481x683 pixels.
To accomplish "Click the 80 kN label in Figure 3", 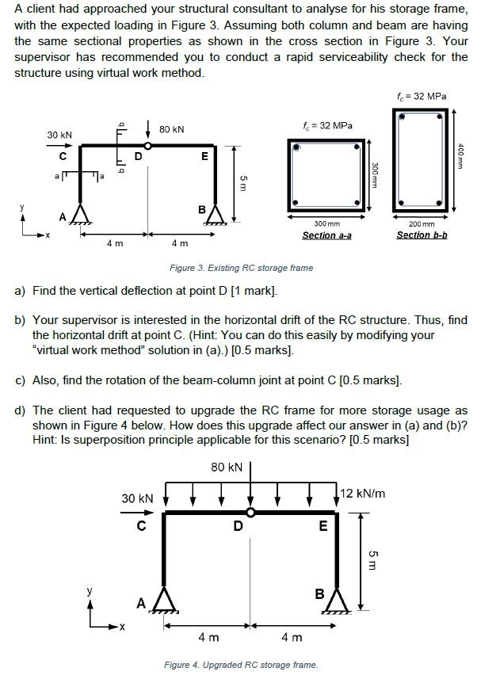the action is (171, 129).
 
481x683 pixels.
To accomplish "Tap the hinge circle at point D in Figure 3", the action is (147, 145).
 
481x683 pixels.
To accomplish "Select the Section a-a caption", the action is (326, 236).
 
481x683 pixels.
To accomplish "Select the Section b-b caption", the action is (422, 235).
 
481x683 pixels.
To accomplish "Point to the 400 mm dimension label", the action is (460, 150).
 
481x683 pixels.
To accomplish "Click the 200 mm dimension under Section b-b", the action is (422, 225).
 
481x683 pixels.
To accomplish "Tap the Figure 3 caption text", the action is (241, 268).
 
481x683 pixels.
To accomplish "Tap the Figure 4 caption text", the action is (240, 665).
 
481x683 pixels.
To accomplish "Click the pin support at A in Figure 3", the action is (78, 214).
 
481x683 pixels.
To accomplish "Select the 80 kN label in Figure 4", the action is (227, 467).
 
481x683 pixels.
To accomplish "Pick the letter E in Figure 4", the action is (322, 528).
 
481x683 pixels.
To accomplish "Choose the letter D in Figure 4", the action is (238, 527).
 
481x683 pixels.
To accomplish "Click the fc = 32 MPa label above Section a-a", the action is (327, 126).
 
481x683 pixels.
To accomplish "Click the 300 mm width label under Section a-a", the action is (326, 225).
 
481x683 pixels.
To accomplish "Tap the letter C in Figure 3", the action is (62, 156).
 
